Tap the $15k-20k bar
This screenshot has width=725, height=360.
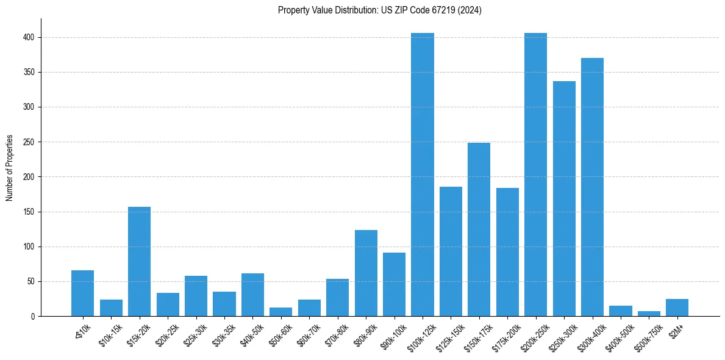tap(139, 261)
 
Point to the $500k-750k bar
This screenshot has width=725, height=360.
tap(649, 314)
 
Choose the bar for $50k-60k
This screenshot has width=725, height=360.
tap(281, 312)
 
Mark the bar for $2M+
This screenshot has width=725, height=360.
tap(677, 308)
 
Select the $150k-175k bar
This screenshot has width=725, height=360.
tap(479, 229)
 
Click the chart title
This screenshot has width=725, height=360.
tap(379, 10)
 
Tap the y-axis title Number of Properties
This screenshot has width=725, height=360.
tap(10, 168)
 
